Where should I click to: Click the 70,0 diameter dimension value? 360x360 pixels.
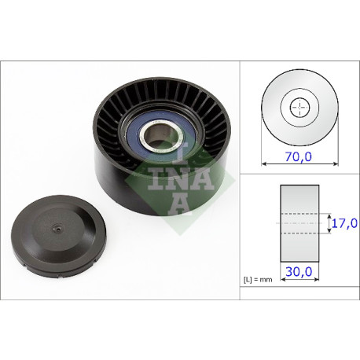click(299, 156)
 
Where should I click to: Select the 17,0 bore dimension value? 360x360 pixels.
click(344, 223)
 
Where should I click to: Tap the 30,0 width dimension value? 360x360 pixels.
click(299, 271)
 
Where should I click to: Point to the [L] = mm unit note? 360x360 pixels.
click(258, 280)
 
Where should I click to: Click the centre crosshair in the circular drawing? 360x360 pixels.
click(299, 107)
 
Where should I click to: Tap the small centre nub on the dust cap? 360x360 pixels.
click(57, 230)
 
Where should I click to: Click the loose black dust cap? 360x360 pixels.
click(59, 237)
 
